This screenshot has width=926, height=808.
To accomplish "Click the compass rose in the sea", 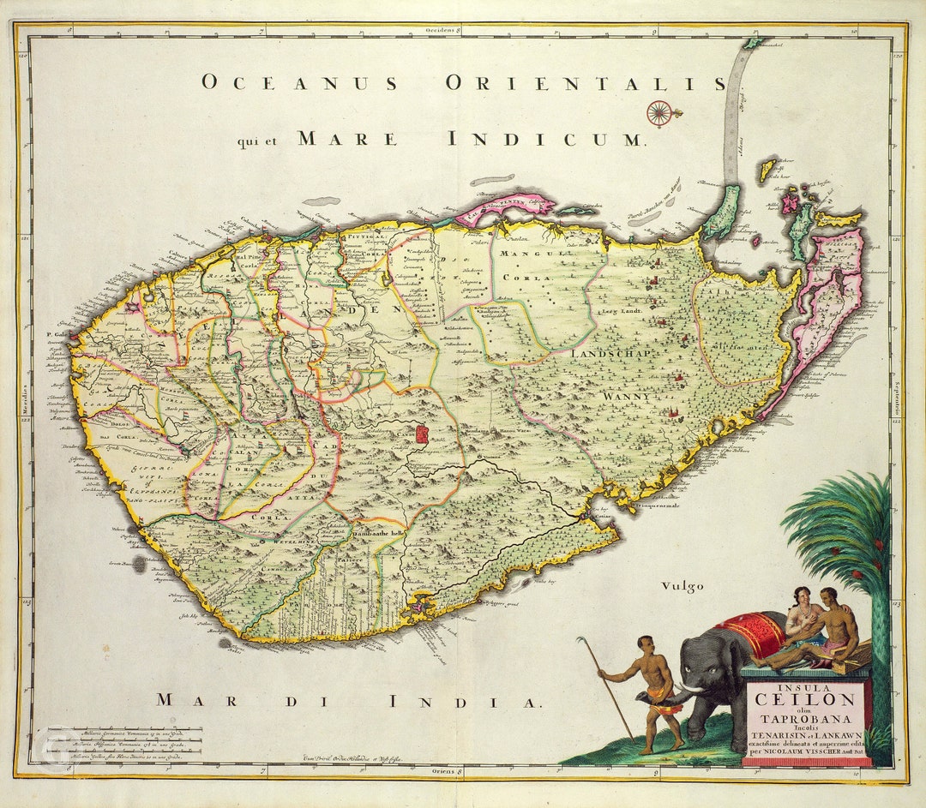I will pos(658,112).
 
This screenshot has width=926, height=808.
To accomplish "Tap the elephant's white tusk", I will pos(691,690).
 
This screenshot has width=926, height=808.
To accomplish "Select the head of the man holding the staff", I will pos(644,643).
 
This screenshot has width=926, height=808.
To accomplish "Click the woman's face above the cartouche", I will pos(803,596).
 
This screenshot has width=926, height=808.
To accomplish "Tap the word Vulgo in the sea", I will pos(682,586).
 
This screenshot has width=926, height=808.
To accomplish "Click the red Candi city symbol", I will pos(421,434).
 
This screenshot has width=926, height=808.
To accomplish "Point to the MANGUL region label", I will pos(527,254).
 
